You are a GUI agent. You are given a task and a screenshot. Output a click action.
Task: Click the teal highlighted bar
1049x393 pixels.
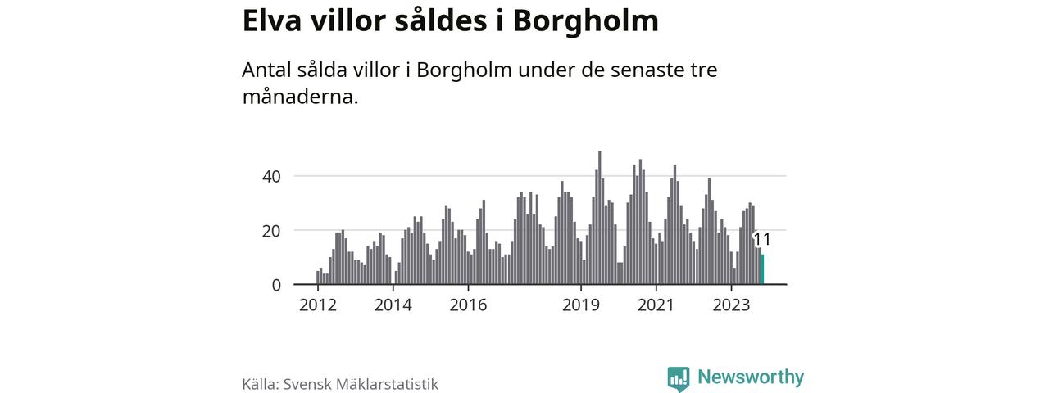click(x=762, y=270)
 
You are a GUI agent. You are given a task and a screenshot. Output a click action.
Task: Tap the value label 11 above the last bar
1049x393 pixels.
click(x=761, y=240)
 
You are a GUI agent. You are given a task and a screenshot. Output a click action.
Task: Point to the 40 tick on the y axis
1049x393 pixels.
click(x=271, y=176)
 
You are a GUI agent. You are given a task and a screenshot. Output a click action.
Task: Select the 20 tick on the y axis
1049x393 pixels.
click(x=271, y=231)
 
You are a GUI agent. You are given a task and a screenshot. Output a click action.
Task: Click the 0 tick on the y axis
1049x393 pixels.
click(x=276, y=285)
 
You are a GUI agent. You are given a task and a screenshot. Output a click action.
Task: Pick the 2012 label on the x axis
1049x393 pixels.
click(x=318, y=305)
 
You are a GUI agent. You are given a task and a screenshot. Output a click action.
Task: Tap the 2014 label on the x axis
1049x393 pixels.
click(x=393, y=305)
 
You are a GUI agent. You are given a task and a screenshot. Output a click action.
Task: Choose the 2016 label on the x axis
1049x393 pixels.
click(x=468, y=305)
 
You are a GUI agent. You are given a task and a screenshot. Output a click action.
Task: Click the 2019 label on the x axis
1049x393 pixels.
click(x=581, y=305)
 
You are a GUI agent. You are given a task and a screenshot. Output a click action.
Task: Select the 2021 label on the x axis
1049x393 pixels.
click(x=656, y=305)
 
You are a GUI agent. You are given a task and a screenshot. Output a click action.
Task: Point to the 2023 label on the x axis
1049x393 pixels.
click(x=732, y=305)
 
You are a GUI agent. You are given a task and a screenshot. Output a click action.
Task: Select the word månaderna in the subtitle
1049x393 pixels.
click(x=300, y=96)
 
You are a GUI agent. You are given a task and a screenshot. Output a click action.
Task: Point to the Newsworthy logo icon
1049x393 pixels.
click(x=679, y=378)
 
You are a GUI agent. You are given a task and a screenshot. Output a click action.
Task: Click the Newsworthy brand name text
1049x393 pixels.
click(x=751, y=377)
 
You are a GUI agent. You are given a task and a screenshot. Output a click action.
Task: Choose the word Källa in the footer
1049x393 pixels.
click(x=259, y=384)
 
